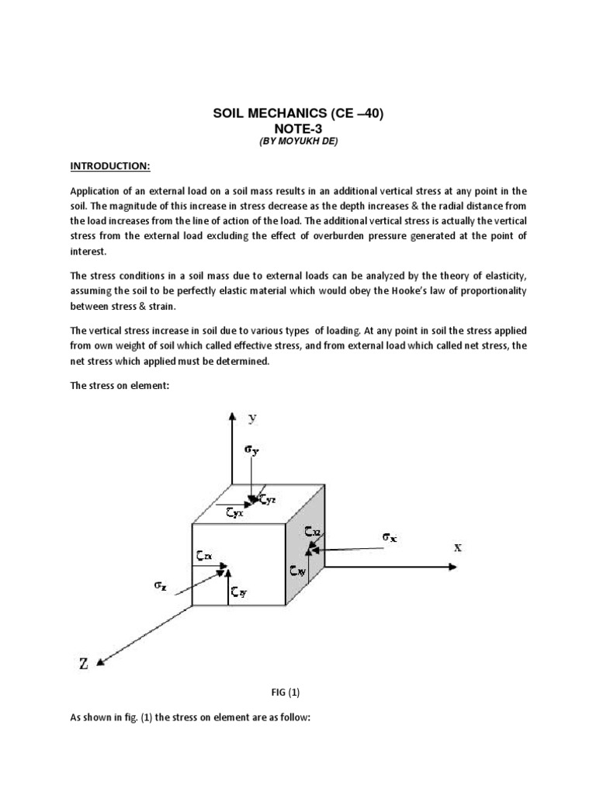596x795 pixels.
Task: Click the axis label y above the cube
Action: (x=252, y=418)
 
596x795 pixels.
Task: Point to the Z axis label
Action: (x=84, y=662)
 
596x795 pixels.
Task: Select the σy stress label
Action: (x=251, y=449)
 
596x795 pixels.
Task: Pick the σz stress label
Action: (x=161, y=588)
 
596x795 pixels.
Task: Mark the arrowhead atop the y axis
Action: (x=230, y=416)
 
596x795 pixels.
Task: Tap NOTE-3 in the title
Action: (x=298, y=129)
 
